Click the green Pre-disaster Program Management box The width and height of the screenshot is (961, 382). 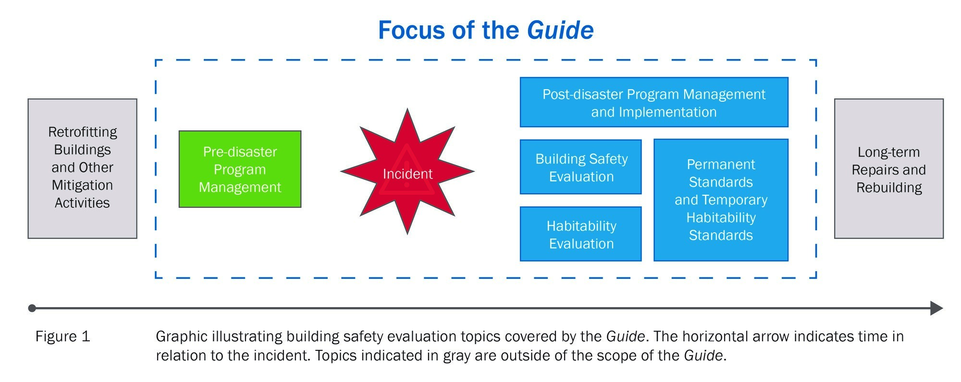[x=240, y=169]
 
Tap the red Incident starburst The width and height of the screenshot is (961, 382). [x=407, y=171]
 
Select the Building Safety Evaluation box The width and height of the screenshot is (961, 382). [x=580, y=167]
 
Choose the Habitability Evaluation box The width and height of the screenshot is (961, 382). [x=580, y=234]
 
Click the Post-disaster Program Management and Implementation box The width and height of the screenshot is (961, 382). [x=654, y=102]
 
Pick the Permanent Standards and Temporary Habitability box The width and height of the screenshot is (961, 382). [x=721, y=200]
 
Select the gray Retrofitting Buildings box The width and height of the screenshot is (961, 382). [x=82, y=168]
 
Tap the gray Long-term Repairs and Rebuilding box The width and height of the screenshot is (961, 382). [x=889, y=168]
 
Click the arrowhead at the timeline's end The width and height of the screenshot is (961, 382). [x=937, y=308]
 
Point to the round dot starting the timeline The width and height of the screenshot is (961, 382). [x=32, y=308]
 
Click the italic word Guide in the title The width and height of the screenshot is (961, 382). [x=560, y=30]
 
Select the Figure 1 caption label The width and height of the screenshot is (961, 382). [x=62, y=336]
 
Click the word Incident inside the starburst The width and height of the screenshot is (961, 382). [x=407, y=174]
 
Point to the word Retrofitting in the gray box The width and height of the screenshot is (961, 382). [x=83, y=132]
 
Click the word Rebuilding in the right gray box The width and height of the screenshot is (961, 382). [x=889, y=188]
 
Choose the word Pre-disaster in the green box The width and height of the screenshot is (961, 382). [x=240, y=152]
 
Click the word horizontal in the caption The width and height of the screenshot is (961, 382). [x=713, y=336]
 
